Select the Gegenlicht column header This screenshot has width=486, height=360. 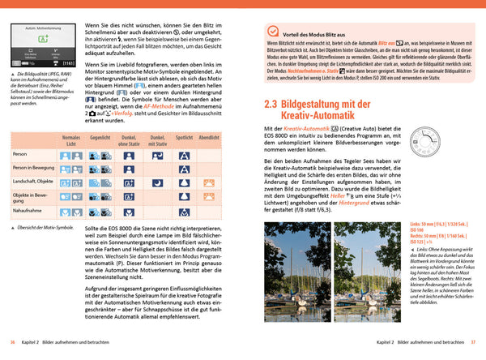[x=100, y=139]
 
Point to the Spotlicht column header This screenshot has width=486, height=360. [x=184, y=139]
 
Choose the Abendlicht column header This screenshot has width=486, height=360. [x=208, y=139]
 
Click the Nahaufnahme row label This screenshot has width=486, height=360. [x=30, y=209]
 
